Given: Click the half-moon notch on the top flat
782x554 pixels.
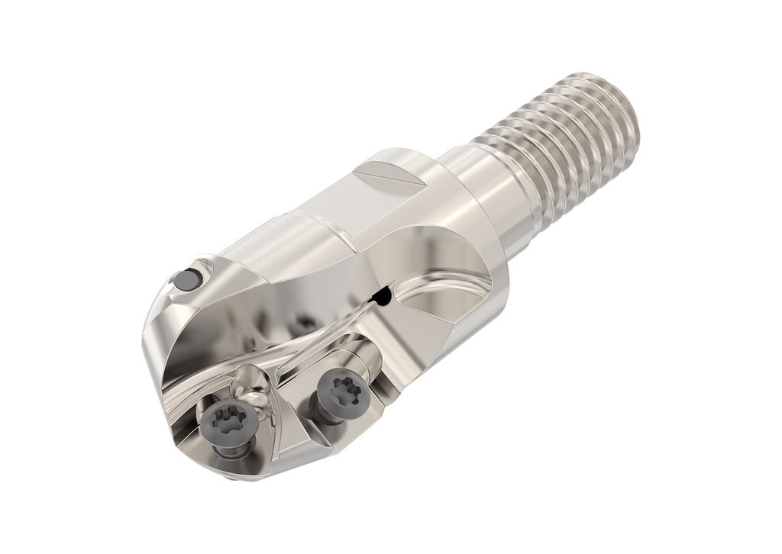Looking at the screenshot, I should [394, 181].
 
